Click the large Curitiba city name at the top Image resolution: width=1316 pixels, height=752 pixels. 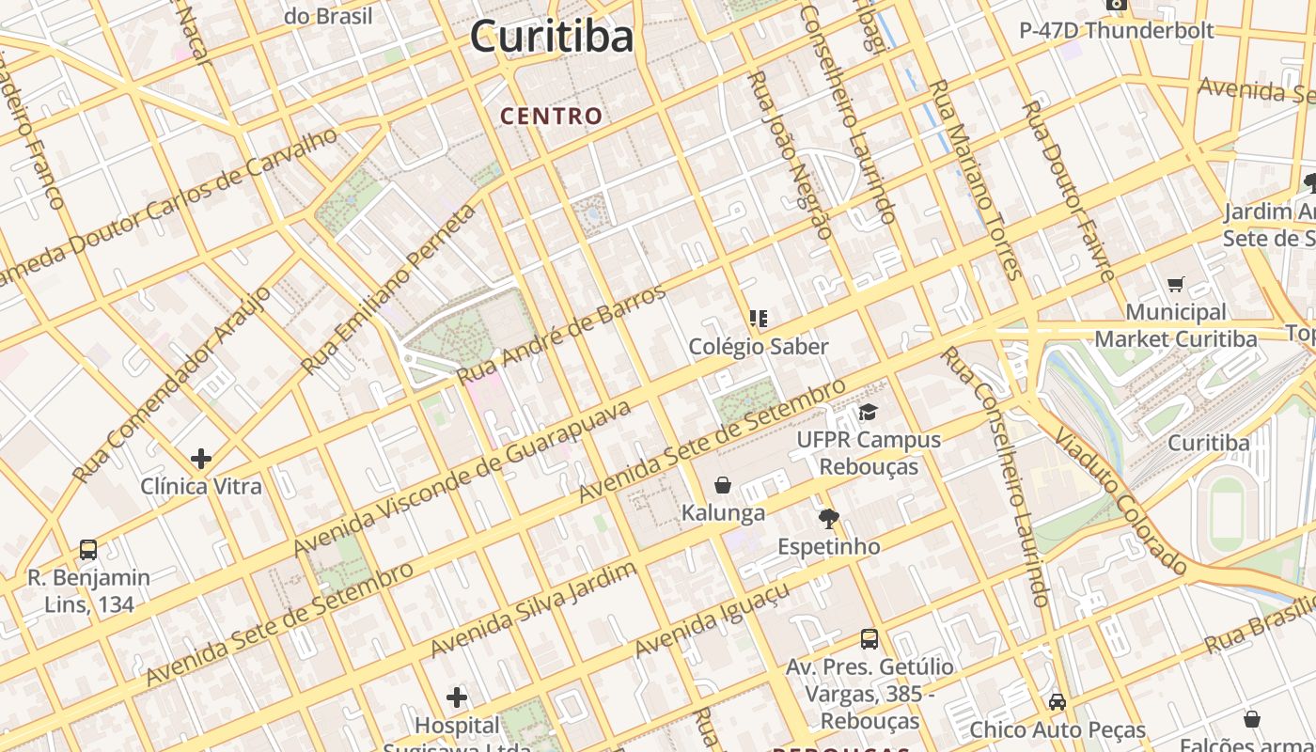[552, 38]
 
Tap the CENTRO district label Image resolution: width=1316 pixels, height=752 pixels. [551, 117]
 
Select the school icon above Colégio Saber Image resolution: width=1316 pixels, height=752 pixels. [759, 319]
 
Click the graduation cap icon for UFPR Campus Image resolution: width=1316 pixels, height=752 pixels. [868, 413]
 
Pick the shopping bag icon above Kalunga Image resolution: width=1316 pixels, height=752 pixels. [723, 485]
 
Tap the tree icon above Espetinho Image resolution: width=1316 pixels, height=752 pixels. [828, 518]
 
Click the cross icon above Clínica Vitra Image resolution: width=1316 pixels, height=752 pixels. [200, 459]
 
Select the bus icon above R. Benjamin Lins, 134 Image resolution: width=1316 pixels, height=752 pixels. [87, 549]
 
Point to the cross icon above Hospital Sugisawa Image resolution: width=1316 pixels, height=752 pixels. [457, 697]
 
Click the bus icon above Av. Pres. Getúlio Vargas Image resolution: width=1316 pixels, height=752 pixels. [869, 639]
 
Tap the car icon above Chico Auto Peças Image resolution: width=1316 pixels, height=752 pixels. [1057, 701]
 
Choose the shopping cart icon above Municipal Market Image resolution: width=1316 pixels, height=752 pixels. [1175, 284]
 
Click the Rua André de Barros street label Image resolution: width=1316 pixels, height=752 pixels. [562, 332]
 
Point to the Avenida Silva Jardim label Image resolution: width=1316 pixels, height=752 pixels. [533, 610]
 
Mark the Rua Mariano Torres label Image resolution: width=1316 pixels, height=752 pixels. [974, 179]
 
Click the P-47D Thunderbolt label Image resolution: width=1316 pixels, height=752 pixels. [1117, 30]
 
